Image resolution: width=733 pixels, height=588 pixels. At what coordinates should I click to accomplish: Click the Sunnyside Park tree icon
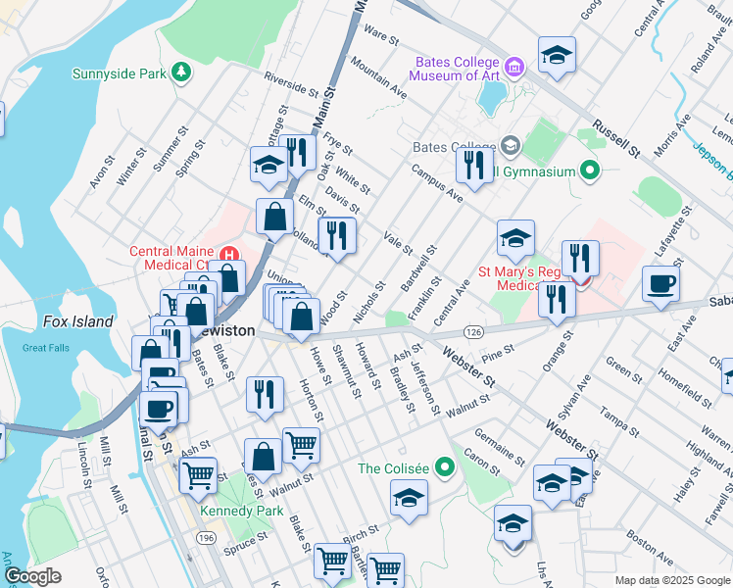[180, 72]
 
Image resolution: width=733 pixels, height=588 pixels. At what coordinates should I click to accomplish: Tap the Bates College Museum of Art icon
[516, 67]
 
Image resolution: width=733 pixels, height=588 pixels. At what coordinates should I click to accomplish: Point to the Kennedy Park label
[233, 511]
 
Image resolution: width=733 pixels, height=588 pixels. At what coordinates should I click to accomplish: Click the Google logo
[32, 575]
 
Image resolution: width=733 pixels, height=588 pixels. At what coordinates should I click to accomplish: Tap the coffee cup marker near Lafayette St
[660, 283]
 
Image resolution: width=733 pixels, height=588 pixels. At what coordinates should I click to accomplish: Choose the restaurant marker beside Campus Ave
[474, 164]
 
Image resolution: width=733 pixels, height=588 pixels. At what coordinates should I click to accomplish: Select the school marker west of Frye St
[268, 164]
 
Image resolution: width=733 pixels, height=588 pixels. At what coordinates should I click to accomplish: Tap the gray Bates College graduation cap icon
[510, 146]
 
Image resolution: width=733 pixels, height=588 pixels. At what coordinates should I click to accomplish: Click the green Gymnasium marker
[589, 171]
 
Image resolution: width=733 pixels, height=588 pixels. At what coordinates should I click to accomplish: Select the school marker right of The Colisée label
[410, 497]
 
